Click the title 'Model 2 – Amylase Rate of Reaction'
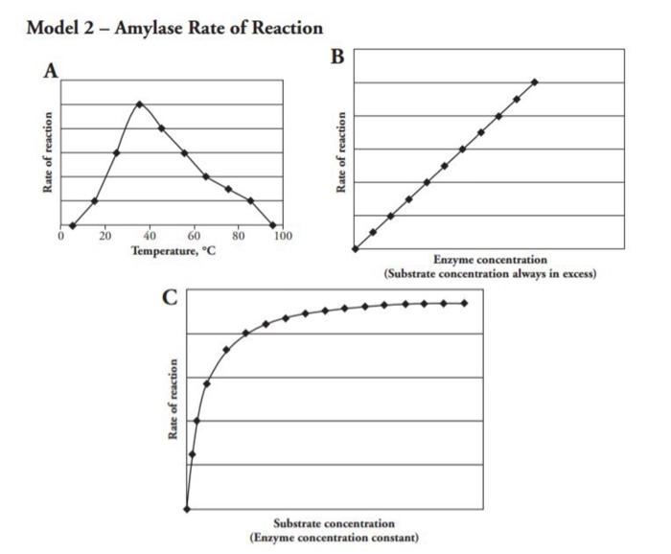point(174,28)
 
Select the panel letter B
point(337,56)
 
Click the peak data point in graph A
point(140,104)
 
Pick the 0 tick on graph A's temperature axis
point(60,235)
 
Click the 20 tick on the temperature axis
point(104,235)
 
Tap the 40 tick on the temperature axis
point(150,235)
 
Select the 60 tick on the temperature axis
point(194,235)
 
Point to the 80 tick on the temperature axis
point(238,235)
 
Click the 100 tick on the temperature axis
point(283,235)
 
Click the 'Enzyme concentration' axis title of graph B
point(490,260)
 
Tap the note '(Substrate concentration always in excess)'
point(490,274)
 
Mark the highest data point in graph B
point(534,81)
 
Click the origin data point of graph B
point(355,248)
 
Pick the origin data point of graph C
point(187,509)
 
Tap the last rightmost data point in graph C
point(465,303)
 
